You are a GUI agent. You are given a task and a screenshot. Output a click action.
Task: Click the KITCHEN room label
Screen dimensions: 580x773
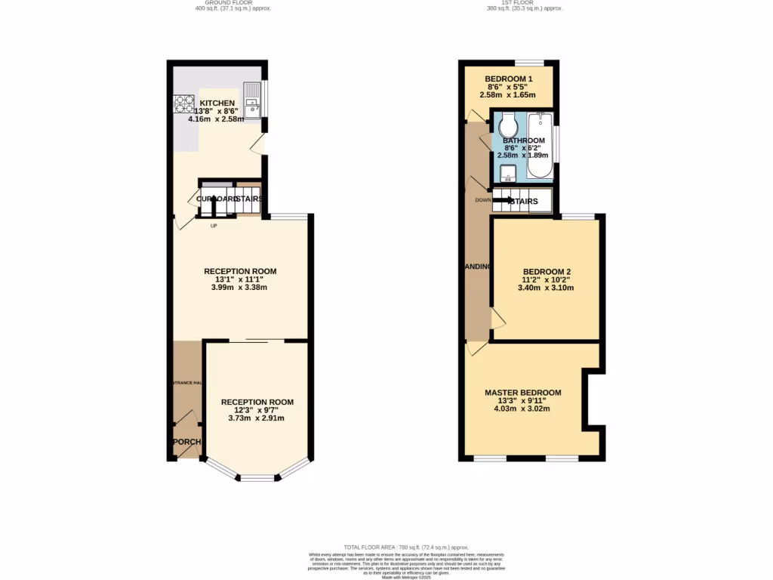click(217, 103)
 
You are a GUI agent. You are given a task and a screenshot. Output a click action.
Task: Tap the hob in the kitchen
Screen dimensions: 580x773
click(185, 102)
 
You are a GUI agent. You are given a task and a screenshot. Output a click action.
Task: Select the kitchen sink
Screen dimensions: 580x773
click(251, 101)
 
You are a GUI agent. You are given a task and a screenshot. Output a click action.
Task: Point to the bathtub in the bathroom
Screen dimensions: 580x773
click(538, 146)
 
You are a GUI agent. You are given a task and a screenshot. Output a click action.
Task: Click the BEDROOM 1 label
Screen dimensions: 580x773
click(509, 79)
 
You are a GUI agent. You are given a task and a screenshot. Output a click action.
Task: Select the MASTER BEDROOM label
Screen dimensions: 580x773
click(523, 393)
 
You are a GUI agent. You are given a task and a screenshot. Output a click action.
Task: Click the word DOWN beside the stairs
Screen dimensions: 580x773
click(483, 200)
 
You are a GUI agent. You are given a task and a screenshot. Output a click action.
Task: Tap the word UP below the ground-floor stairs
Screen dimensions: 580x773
click(214, 225)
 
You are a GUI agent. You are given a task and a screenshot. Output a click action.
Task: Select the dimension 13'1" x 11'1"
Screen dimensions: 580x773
click(240, 279)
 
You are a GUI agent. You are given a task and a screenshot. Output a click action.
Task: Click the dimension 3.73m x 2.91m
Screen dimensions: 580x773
click(257, 418)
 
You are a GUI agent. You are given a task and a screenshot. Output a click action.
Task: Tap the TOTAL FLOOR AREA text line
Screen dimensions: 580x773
click(406, 547)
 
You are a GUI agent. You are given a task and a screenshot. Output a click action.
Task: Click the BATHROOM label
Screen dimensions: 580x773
click(524, 140)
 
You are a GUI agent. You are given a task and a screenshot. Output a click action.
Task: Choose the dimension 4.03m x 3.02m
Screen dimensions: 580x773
click(522, 409)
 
